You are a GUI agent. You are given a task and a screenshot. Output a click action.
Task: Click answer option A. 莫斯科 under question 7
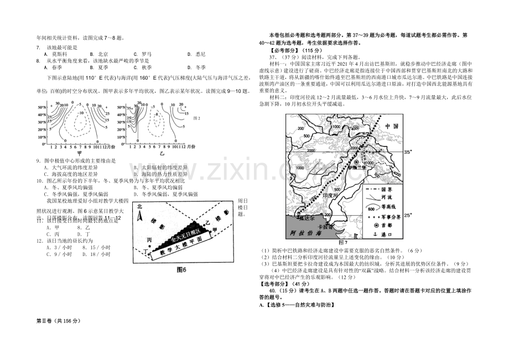point(58,54)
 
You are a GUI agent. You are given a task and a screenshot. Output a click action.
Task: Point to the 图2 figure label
point(196,118)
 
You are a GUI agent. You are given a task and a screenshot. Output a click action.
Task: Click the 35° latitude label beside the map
point(409,150)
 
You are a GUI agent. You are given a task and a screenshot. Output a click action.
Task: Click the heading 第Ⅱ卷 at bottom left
point(58,321)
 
